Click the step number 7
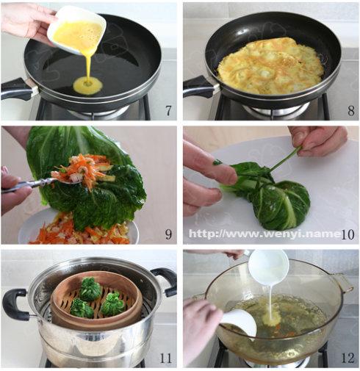click(168, 110)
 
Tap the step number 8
click(351, 111)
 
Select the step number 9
click(168, 234)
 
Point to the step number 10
click(348, 234)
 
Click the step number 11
click(165, 359)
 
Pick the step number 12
click(348, 359)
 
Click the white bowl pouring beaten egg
click(76, 29)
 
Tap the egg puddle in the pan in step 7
click(87, 85)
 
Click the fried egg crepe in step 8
click(270, 66)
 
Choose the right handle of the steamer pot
click(165, 281)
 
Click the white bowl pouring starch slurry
click(269, 267)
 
